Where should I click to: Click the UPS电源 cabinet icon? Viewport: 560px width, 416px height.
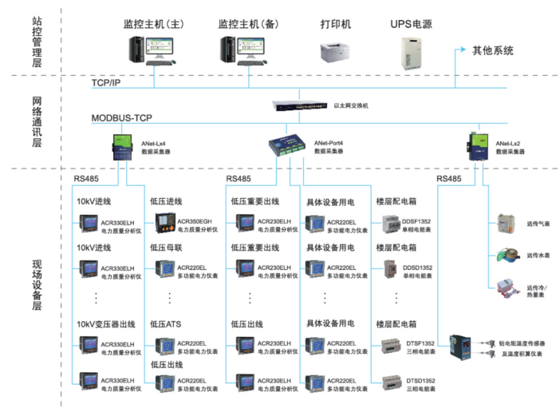pyautogui.click(x=412, y=49)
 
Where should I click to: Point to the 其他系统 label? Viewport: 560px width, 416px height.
pyautogui.click(x=492, y=50)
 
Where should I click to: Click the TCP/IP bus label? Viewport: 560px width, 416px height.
pyautogui.click(x=106, y=82)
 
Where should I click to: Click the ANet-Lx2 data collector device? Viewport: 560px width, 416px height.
pyautogui.click(x=482, y=146)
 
